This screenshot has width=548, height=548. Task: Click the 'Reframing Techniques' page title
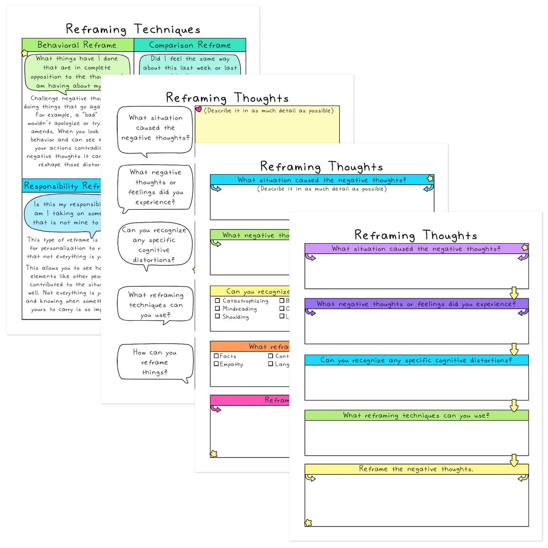[x=133, y=29]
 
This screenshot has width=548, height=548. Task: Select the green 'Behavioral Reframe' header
[x=77, y=45]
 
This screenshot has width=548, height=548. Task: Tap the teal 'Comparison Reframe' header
[x=190, y=45]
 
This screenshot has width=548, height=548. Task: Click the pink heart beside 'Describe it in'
[x=198, y=110]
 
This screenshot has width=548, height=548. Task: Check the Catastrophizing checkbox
[x=217, y=301]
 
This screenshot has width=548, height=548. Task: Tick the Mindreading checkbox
[x=217, y=309]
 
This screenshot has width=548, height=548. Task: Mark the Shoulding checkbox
[x=217, y=316]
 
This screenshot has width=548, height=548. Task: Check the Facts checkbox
[x=216, y=356]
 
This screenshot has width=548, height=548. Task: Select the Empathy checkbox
[x=216, y=364]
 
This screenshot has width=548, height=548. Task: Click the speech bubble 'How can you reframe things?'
[x=155, y=362]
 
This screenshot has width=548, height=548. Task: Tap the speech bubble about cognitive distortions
[x=155, y=245]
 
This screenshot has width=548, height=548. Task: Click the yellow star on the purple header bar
[x=525, y=248]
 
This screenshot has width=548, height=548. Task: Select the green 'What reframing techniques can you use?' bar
[x=416, y=416]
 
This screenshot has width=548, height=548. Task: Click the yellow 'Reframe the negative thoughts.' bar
[x=416, y=469]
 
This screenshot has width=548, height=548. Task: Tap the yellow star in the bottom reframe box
[x=309, y=523]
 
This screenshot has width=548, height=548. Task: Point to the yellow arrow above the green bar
[x=514, y=405]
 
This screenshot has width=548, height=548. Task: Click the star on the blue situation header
[x=430, y=179]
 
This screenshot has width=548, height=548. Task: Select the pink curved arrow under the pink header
[x=216, y=409]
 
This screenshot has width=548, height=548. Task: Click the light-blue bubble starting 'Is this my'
[x=63, y=214]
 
